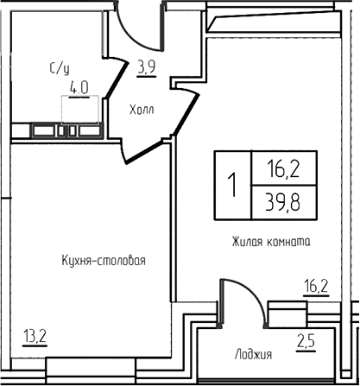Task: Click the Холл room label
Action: click(142, 110)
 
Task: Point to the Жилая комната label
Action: click(271, 243)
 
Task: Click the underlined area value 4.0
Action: click(81, 86)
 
